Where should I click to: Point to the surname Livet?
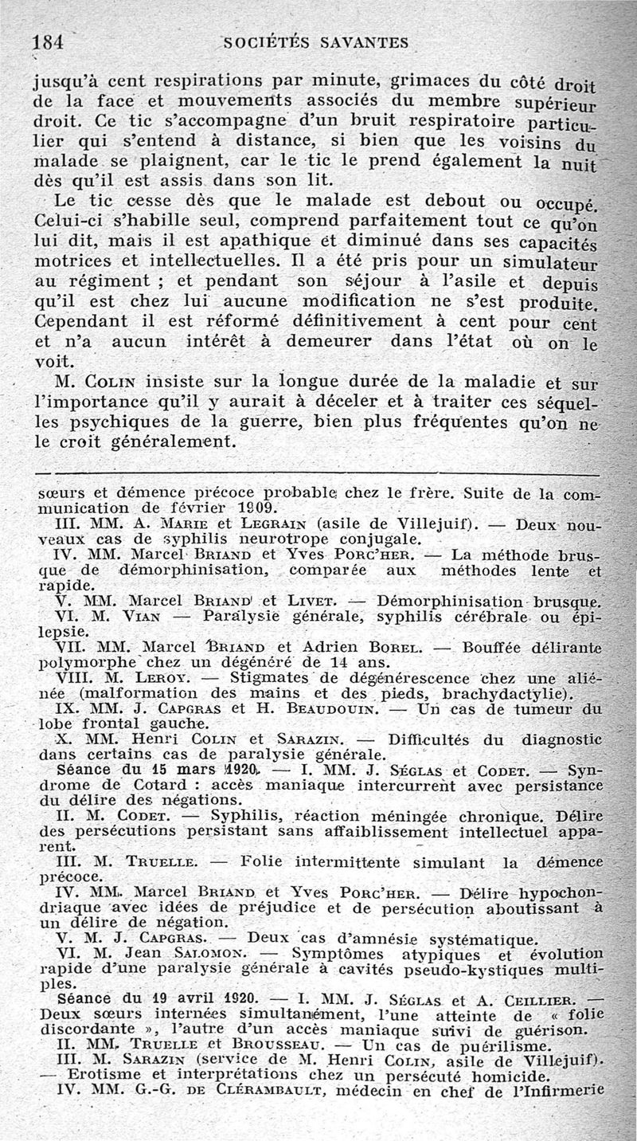[x=314, y=601]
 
